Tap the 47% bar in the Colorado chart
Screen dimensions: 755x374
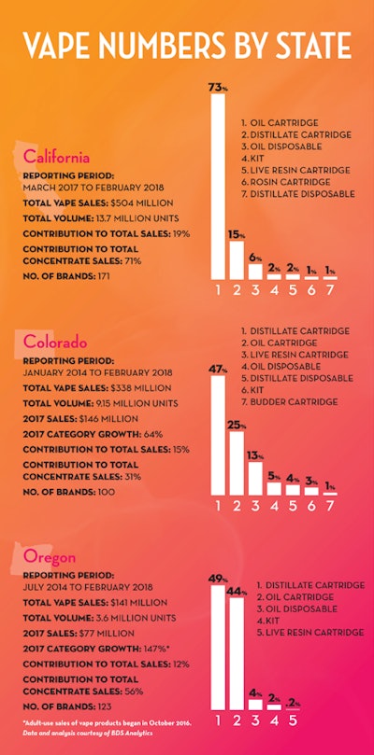click(218, 433)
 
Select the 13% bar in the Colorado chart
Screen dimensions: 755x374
click(254, 477)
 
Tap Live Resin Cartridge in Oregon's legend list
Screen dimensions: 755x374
click(310, 633)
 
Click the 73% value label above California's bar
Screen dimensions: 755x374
click(217, 87)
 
